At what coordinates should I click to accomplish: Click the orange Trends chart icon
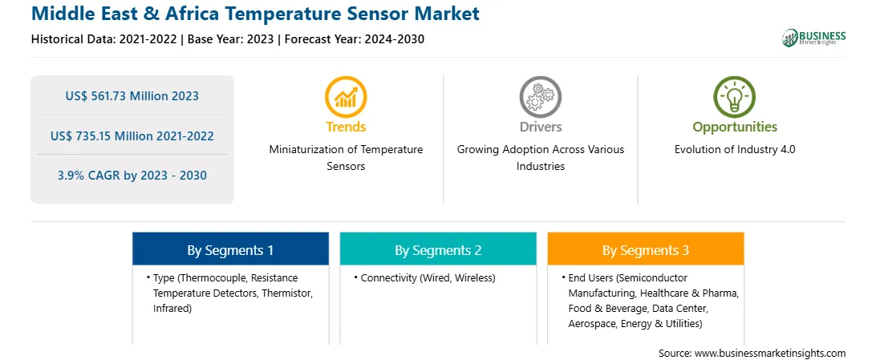coord(346,97)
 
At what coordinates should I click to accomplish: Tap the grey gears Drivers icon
coord(540,97)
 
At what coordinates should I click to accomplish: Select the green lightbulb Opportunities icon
coord(734,97)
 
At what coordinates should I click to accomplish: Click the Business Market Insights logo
coord(814,38)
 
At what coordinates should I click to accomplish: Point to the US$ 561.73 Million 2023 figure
coord(132,96)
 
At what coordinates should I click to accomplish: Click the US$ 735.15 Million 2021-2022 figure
coord(132,136)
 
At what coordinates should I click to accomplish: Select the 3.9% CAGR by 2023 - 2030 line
coord(132,176)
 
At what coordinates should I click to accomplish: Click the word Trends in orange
coord(346,127)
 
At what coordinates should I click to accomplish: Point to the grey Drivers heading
coord(540,127)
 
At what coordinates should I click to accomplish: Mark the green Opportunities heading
coord(735,127)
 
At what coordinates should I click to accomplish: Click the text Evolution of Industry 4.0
coord(735,150)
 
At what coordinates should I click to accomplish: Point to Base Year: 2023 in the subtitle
coord(231,39)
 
